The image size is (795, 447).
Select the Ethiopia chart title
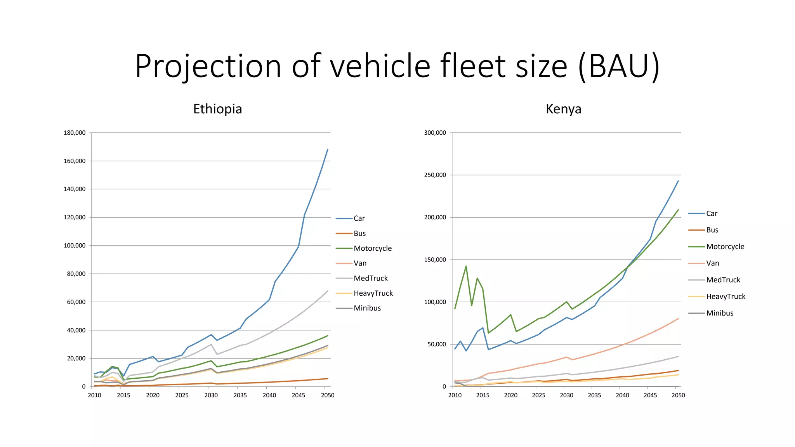pyautogui.click(x=217, y=109)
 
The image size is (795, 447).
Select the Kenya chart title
pyautogui.click(x=563, y=109)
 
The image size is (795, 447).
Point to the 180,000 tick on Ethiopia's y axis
pyautogui.click(x=75, y=133)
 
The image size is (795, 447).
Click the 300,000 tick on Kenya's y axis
pyautogui.click(x=435, y=133)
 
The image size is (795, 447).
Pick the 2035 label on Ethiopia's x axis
pyautogui.click(x=240, y=395)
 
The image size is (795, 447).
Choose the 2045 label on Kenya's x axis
pyautogui.click(x=650, y=395)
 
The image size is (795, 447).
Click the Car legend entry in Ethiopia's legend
pyautogui.click(x=359, y=218)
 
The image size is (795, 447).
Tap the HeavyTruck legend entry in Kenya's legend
pyautogui.click(x=726, y=296)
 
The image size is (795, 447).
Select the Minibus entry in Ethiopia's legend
pyautogui.click(x=367, y=308)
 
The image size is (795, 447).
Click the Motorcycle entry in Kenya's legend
pyautogui.click(x=725, y=247)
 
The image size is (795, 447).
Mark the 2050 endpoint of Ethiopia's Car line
pyautogui.click(x=328, y=149)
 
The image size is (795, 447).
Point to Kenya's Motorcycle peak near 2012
pyautogui.click(x=466, y=266)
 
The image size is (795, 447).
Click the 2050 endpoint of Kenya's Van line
pyautogui.click(x=678, y=319)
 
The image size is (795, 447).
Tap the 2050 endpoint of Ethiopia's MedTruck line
pyautogui.click(x=328, y=291)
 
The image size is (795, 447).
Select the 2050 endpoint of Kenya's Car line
pyautogui.click(x=678, y=181)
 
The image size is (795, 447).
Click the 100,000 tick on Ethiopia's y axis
pyautogui.click(x=75, y=246)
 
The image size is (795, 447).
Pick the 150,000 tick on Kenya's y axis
pyautogui.click(x=435, y=260)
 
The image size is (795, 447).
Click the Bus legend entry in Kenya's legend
pyautogui.click(x=712, y=230)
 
